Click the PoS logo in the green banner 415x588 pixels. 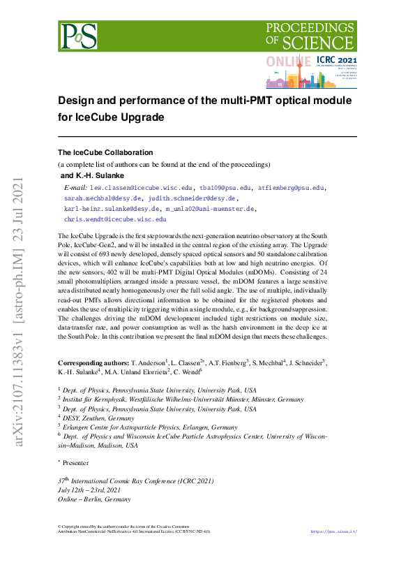pos(79,36)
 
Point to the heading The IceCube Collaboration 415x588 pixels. pos(105,152)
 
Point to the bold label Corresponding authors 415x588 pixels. pos(93,364)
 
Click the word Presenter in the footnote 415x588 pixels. pos(75,462)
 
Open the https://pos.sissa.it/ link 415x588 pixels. pos(333,532)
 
